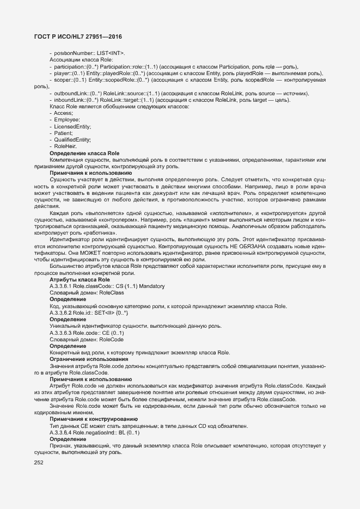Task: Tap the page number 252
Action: (x=39, y=463)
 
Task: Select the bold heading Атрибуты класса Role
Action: (x=80, y=279)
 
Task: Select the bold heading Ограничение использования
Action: (x=89, y=359)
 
